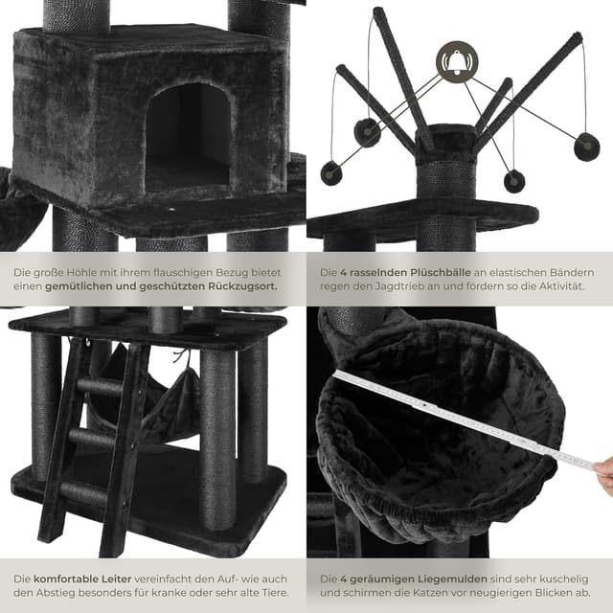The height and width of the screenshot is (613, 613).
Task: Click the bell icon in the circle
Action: pyautogui.click(x=457, y=61)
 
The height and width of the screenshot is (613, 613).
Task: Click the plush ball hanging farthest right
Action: pyautogui.click(x=586, y=147)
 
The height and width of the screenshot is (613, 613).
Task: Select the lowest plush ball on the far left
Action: pyautogui.click(x=331, y=173)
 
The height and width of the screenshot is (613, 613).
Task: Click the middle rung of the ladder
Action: pyautogui.click(x=93, y=437)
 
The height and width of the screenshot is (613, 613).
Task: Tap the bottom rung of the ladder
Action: pyautogui.click(x=83, y=492)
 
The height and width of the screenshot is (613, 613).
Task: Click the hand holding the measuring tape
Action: pyautogui.click(x=602, y=475)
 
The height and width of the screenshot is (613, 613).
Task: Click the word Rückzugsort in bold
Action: pyautogui.click(x=242, y=286)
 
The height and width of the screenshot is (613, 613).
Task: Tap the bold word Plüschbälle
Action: pyautogui.click(x=441, y=272)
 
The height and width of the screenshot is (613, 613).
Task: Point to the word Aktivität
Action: pyautogui.click(x=562, y=286)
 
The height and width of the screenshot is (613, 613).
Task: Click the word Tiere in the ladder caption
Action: pyautogui.click(x=276, y=593)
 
